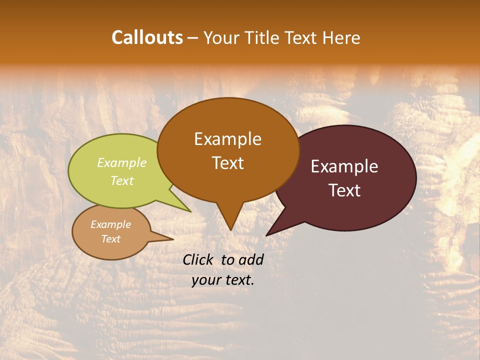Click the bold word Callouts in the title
click(x=147, y=37)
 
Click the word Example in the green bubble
click(x=122, y=162)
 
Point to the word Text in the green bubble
click(x=122, y=180)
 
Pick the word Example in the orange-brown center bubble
click(x=227, y=139)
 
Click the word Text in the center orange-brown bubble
click(x=227, y=163)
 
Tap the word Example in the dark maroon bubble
click(x=344, y=166)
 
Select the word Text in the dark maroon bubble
click(x=344, y=190)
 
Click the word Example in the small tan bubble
click(x=110, y=224)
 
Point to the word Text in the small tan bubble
click(x=110, y=239)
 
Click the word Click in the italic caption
click(x=199, y=259)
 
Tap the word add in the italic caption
click(x=251, y=259)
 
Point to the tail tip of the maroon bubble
click(x=267, y=235)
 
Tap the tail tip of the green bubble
click(x=190, y=211)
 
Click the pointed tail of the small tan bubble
click(x=172, y=239)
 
